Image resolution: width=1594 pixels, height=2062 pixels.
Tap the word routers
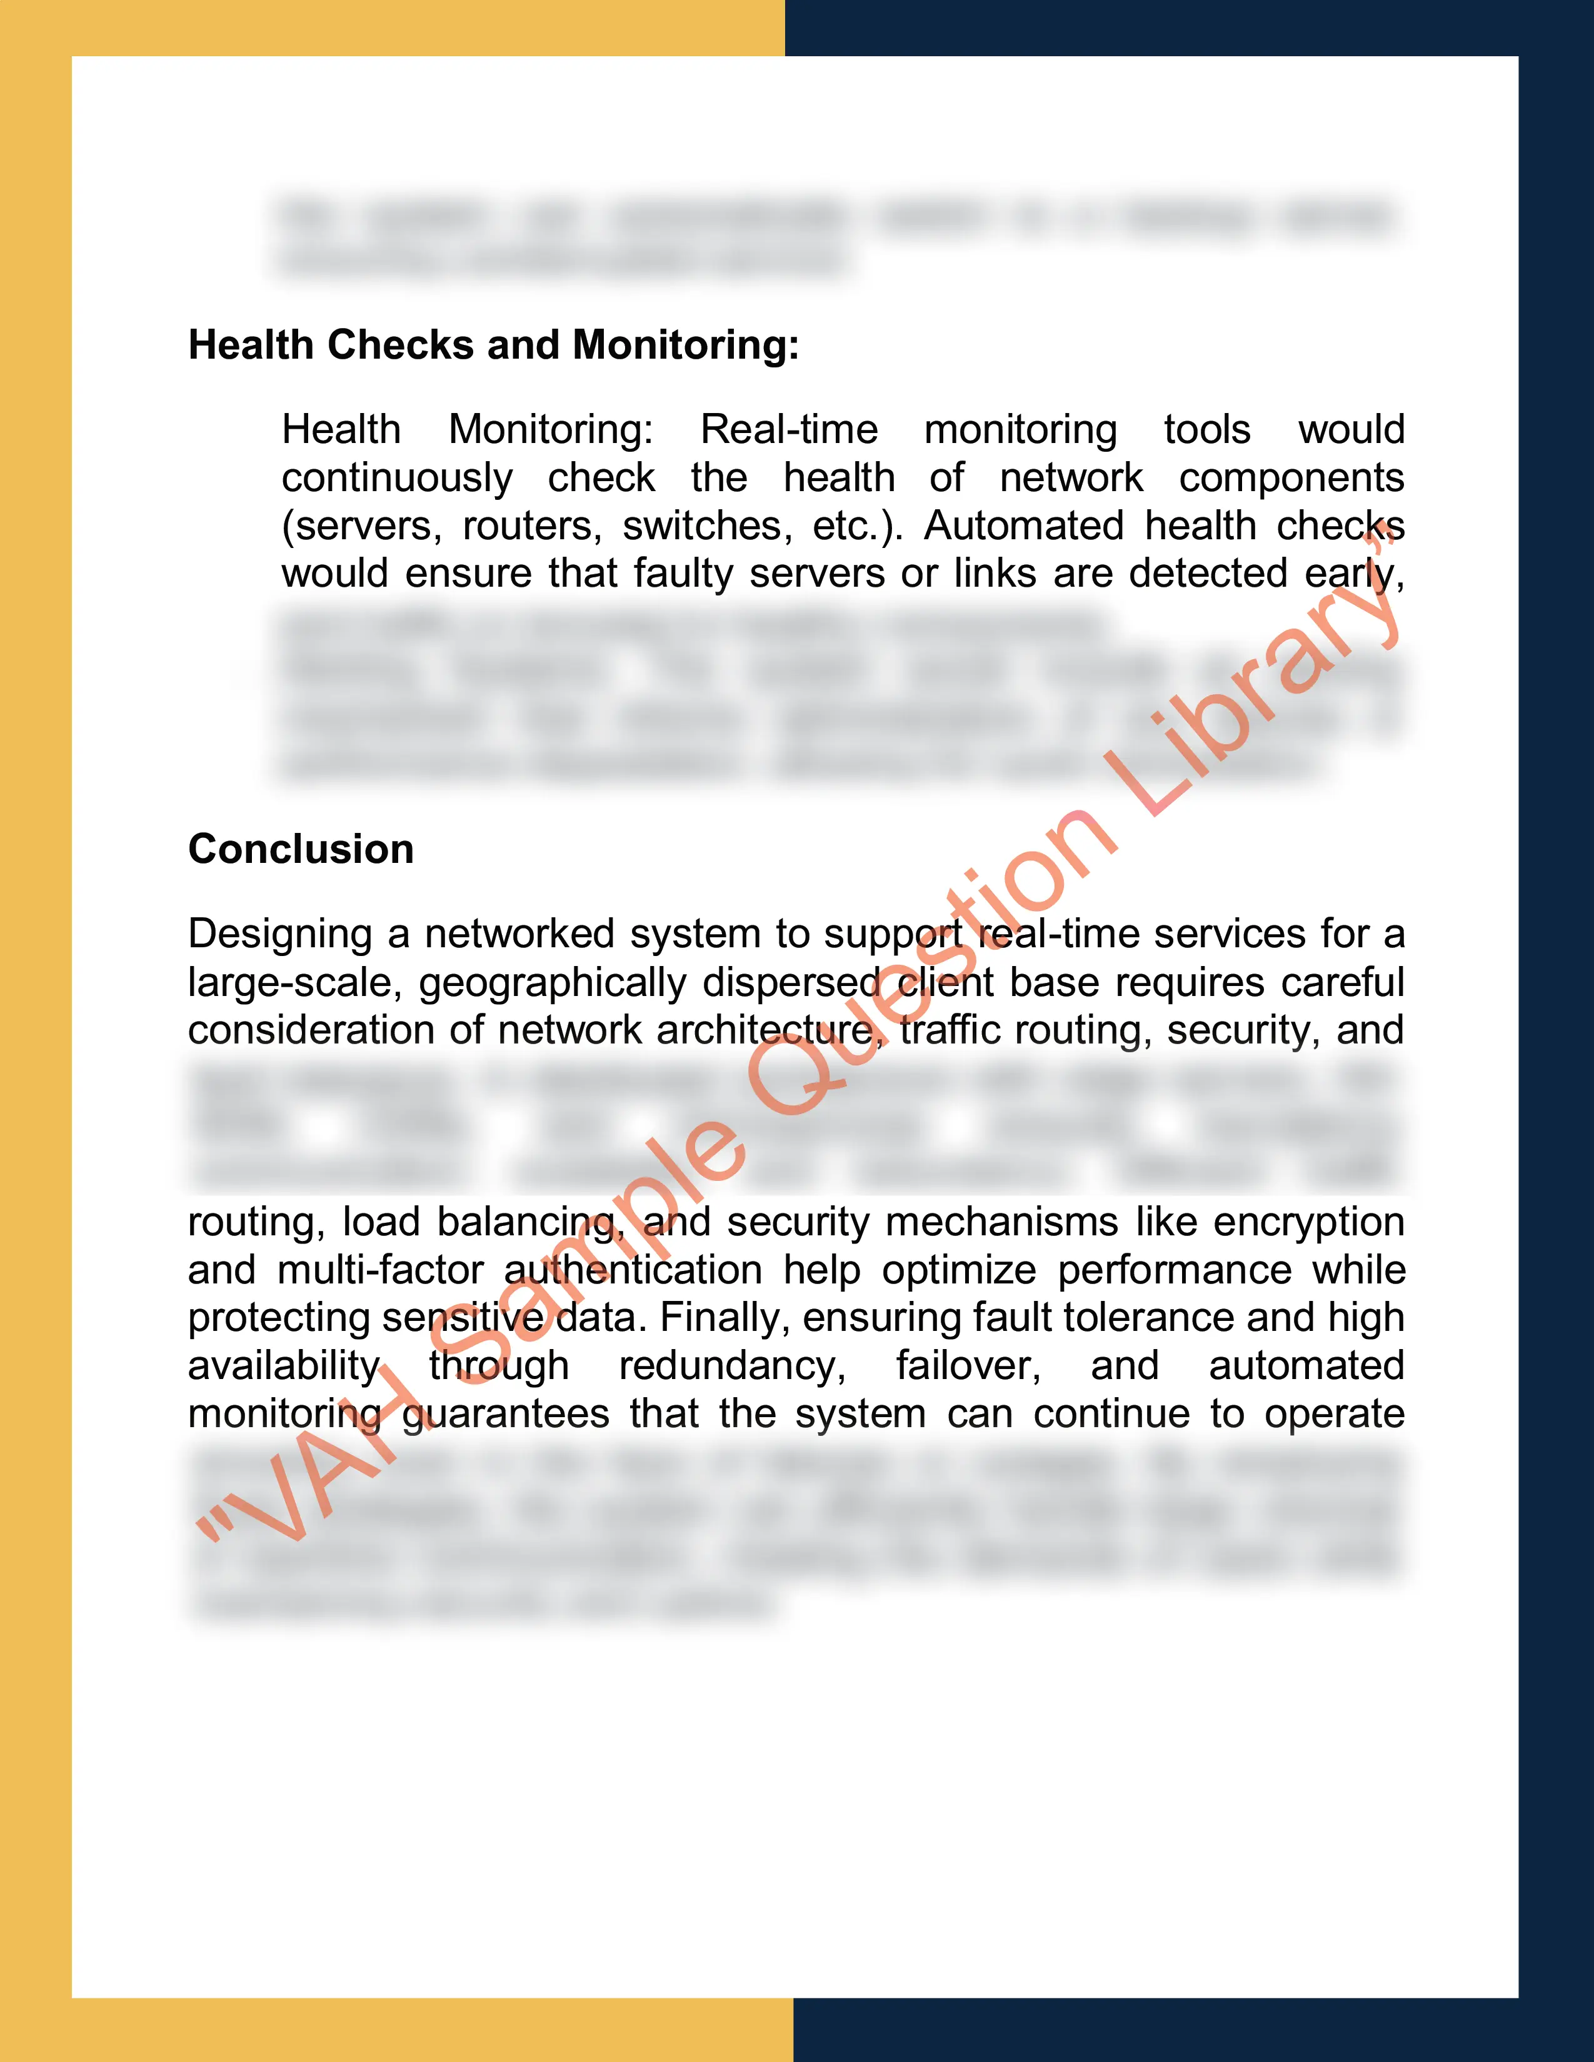pyautogui.click(x=532, y=526)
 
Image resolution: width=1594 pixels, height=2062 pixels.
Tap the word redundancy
pyautogui.click(x=732, y=1366)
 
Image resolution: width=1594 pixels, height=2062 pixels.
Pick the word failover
pyautogui.click(x=968, y=1366)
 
